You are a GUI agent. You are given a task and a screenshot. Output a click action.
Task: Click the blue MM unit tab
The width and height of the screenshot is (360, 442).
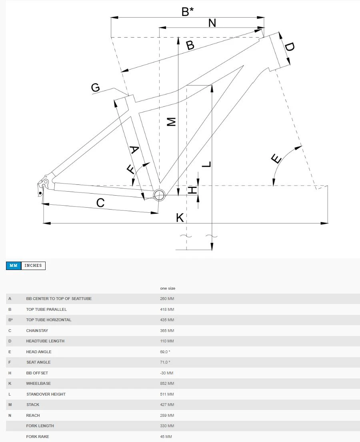point(14,266)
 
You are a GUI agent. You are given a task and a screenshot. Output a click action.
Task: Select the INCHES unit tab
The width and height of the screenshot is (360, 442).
point(33,266)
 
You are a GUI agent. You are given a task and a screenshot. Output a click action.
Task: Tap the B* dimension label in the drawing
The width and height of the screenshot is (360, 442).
point(187,12)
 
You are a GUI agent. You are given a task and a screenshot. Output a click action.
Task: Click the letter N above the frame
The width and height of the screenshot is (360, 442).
point(212,23)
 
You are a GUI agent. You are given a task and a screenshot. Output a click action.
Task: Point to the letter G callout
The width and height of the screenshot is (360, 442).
point(95,88)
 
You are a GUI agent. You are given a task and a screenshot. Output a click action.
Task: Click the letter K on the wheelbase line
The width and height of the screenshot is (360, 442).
point(180,218)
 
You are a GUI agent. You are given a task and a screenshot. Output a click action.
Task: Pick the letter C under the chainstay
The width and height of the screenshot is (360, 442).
point(100,203)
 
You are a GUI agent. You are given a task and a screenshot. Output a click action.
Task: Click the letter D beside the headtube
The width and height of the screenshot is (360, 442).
point(289,47)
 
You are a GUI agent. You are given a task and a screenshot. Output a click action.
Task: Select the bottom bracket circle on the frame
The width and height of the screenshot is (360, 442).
point(159,195)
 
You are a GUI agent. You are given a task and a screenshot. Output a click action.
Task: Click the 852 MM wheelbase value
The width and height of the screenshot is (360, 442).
point(167,384)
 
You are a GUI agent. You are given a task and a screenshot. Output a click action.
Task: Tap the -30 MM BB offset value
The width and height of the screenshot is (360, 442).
point(166,373)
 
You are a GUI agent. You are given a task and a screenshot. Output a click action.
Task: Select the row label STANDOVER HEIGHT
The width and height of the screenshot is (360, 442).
point(46,394)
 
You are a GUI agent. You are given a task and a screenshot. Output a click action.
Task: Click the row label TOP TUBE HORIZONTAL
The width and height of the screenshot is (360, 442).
point(48,320)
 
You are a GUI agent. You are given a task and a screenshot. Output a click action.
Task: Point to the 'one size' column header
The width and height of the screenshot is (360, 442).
point(168,288)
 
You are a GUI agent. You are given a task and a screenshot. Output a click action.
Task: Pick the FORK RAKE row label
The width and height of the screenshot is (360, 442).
point(38,437)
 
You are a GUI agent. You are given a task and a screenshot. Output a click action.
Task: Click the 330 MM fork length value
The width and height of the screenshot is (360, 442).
point(167,426)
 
